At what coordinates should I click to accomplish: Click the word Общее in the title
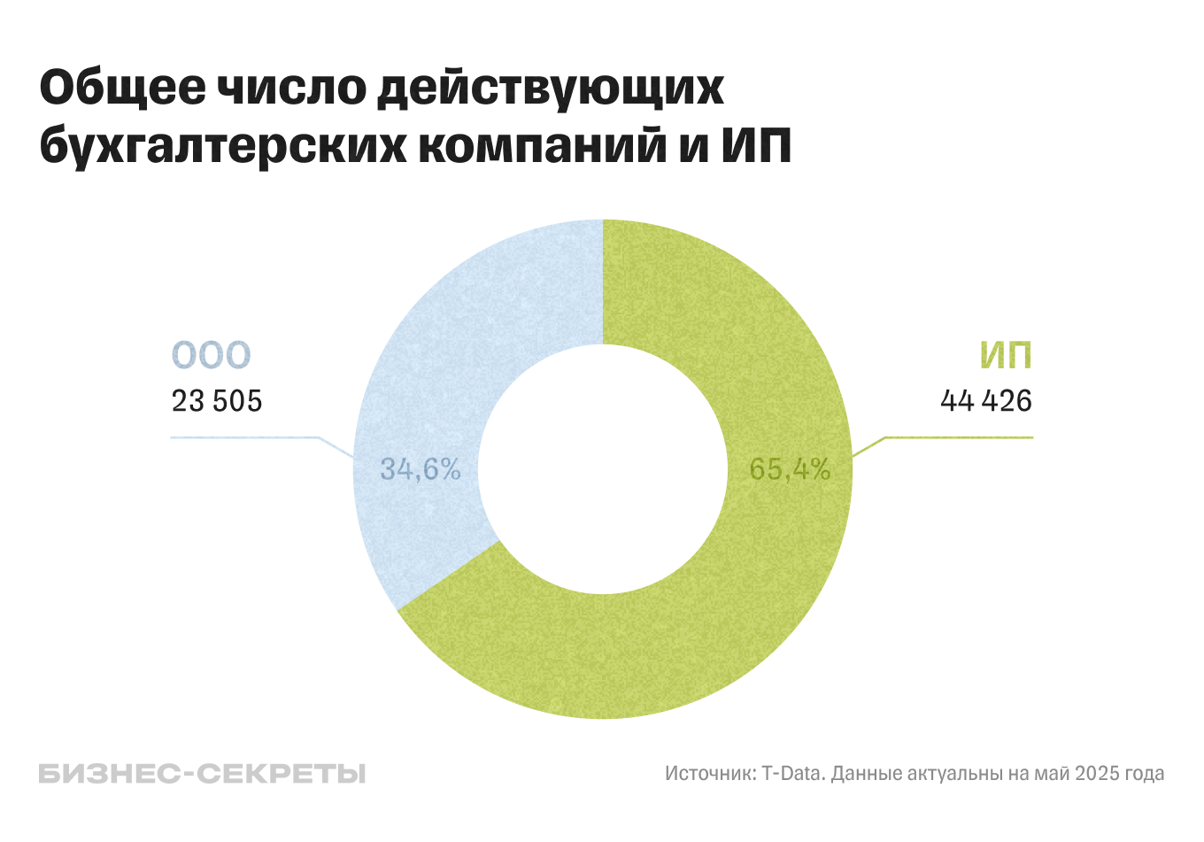point(123,88)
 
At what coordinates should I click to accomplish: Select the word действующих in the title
point(551,88)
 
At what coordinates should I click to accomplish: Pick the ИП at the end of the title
point(755,145)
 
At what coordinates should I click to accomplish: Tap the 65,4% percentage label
point(790,469)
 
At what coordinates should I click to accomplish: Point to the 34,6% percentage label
point(421,469)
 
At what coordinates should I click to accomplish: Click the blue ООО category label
point(211,356)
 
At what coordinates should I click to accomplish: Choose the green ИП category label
point(1006,356)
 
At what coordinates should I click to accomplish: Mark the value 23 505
point(217,401)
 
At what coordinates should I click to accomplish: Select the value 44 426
point(986,401)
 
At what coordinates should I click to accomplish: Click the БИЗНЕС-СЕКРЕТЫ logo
point(202,774)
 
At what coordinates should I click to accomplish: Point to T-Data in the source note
point(793,774)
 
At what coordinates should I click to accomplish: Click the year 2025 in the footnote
point(1097,774)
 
